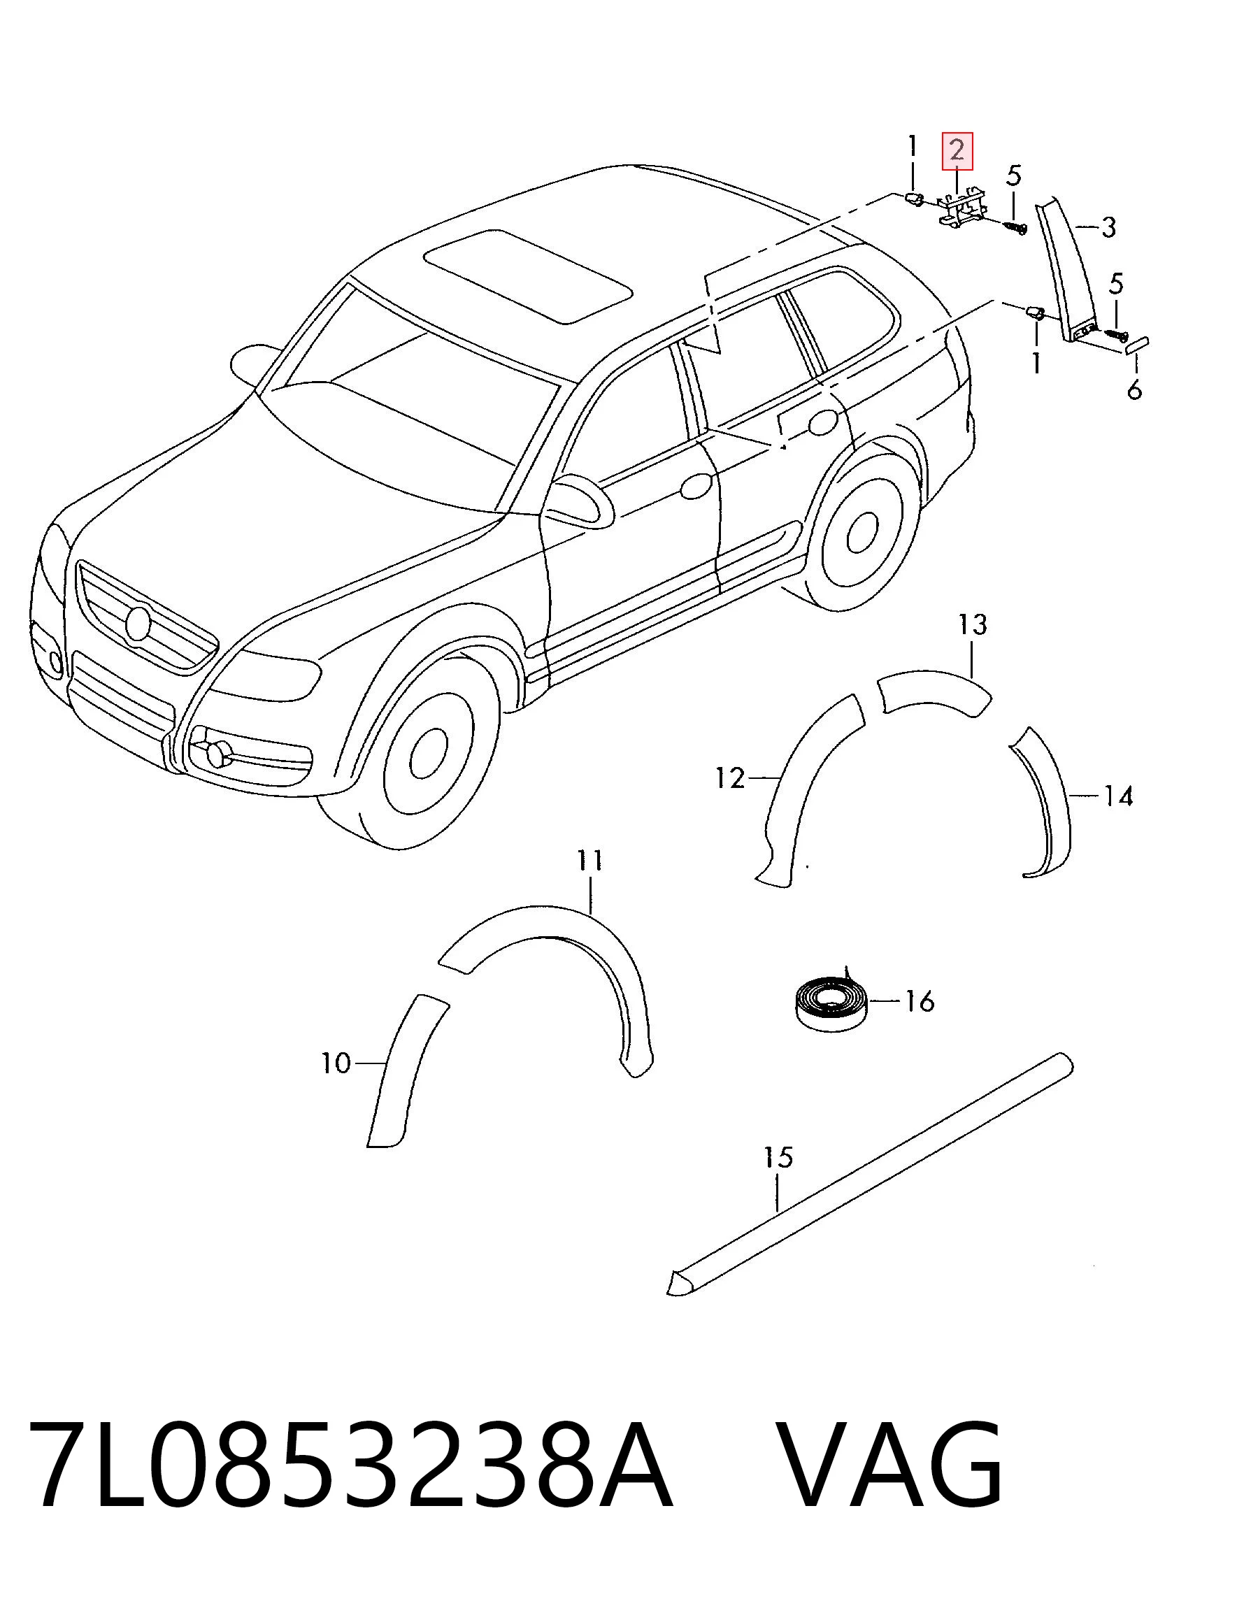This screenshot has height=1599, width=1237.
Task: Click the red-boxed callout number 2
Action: [x=957, y=151]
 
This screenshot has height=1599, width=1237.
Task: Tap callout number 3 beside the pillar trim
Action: [x=1108, y=228]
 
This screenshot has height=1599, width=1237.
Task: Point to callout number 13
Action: [x=973, y=624]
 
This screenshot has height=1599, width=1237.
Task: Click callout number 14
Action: [x=1118, y=795]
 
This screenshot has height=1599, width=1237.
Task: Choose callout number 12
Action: [x=729, y=777]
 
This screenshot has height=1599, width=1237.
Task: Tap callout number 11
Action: [x=589, y=859]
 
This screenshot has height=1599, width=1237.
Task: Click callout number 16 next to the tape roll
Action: [x=919, y=1000]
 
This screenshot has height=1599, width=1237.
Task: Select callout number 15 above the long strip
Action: [x=778, y=1158]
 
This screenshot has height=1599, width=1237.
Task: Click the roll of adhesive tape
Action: [x=831, y=1005]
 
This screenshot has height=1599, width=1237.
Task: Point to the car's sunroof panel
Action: [x=528, y=275]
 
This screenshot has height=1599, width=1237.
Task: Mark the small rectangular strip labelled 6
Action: [x=1135, y=344]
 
